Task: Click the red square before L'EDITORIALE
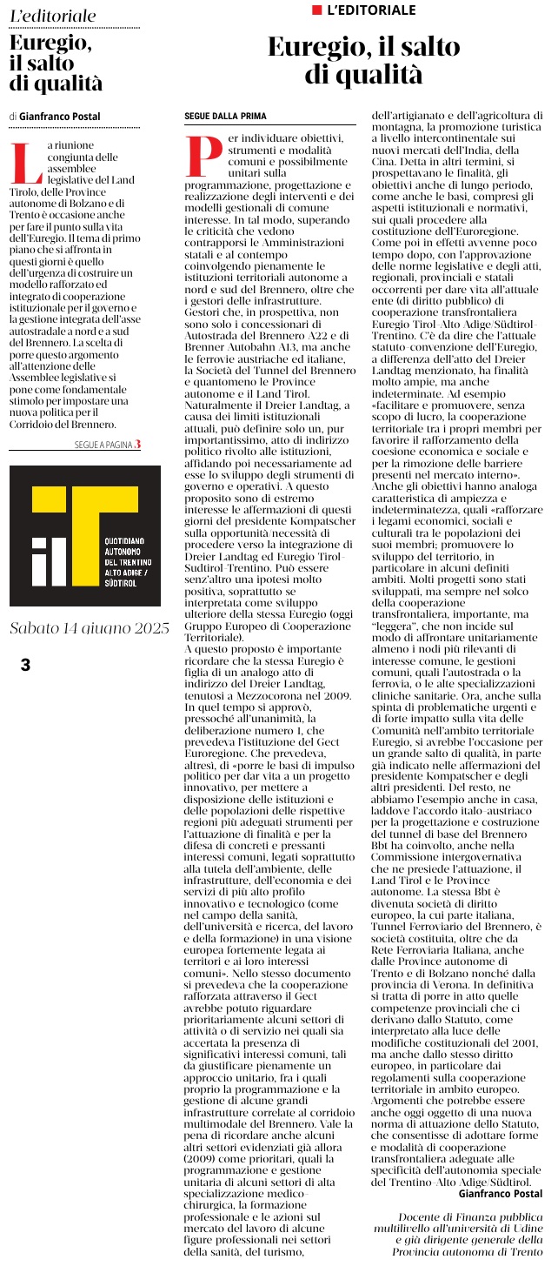pyautogui.click(x=317, y=10)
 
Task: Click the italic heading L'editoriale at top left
pyautogui.click(x=54, y=17)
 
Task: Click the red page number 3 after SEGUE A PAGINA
pyautogui.click(x=136, y=445)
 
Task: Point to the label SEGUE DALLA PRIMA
pyautogui.click(x=225, y=116)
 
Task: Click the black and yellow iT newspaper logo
pyautogui.click(x=84, y=535)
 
